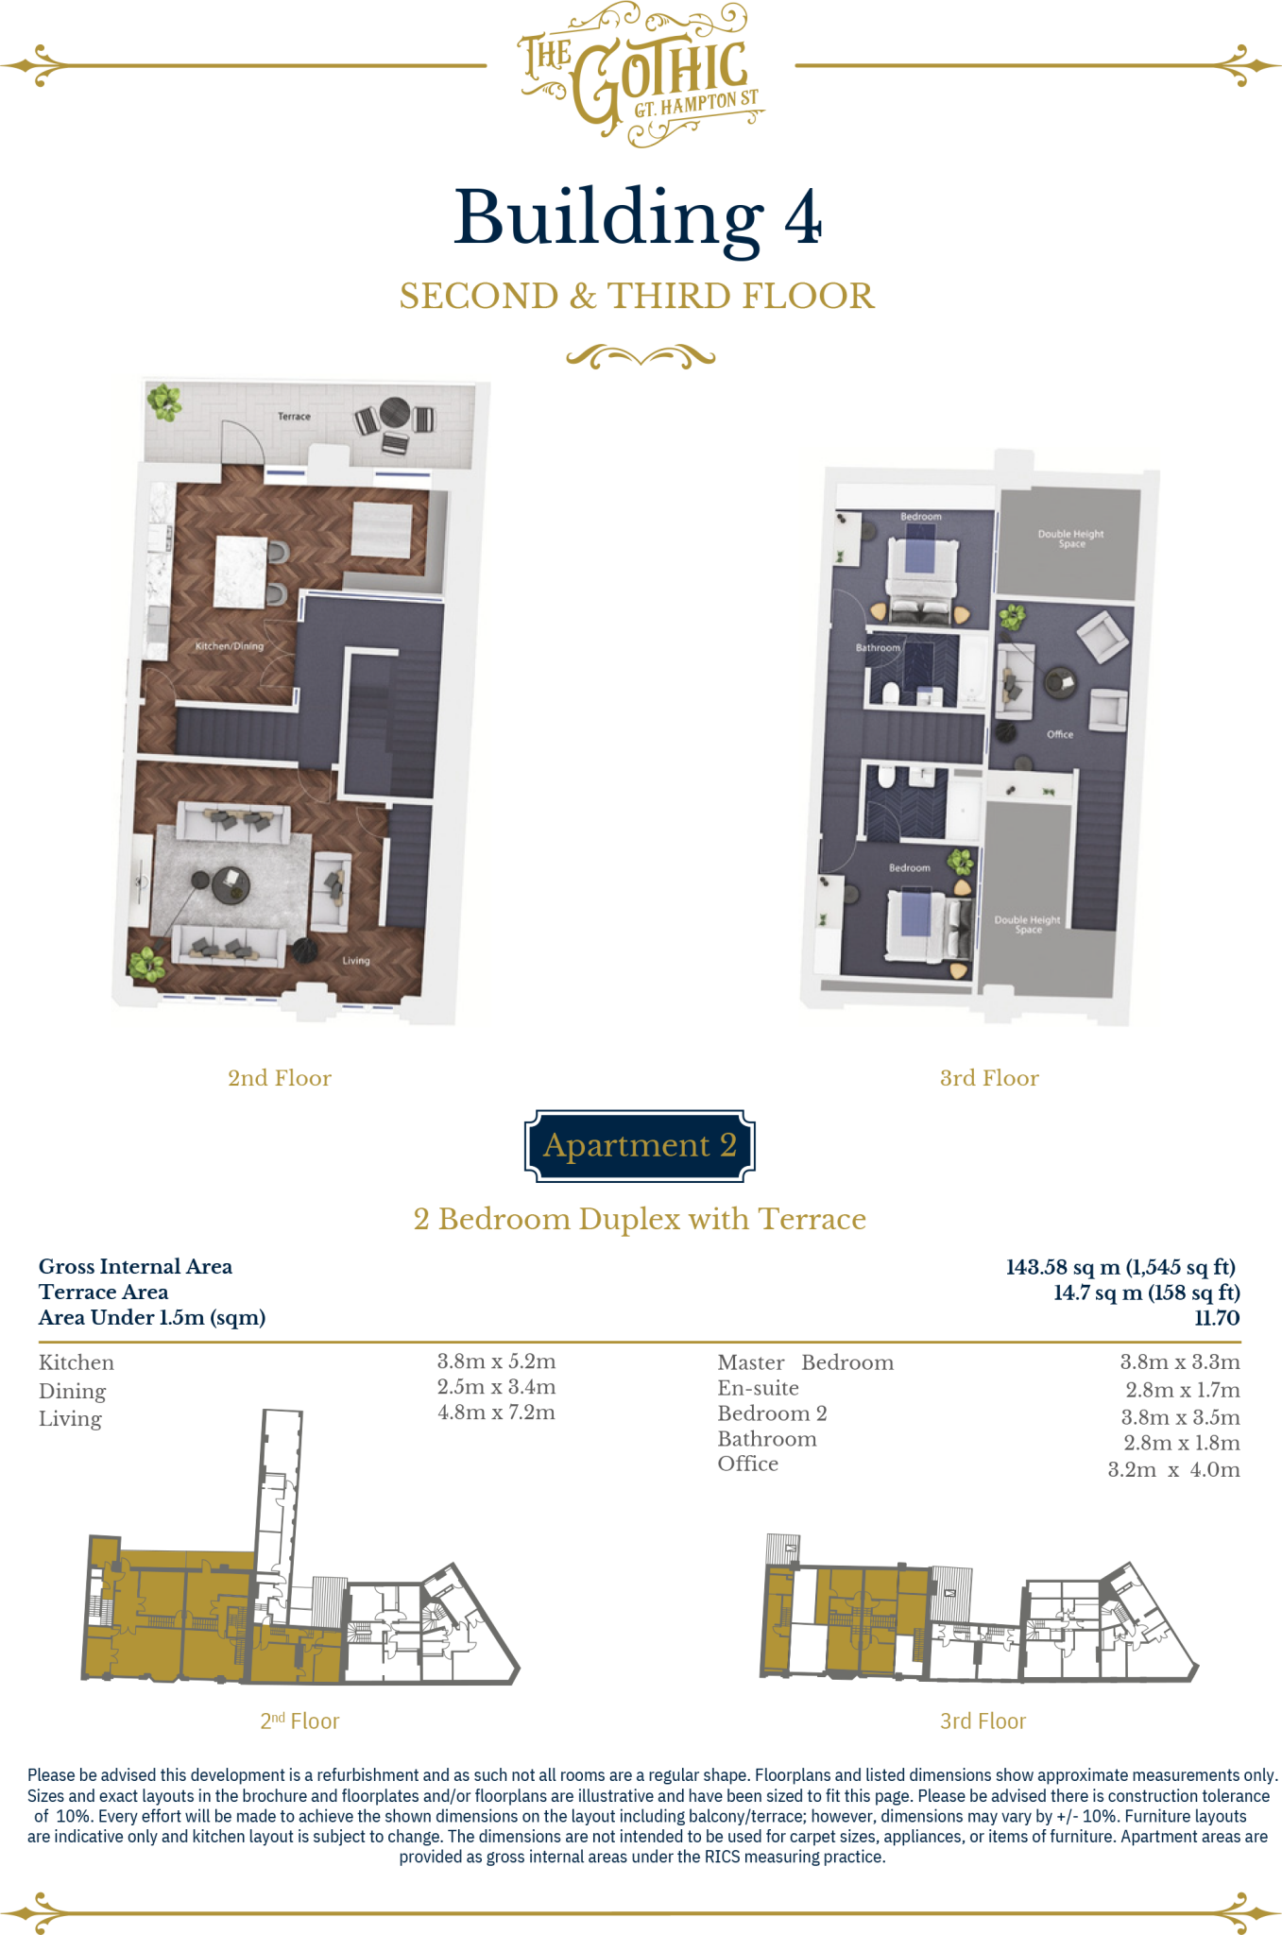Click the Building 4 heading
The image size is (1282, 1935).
click(x=638, y=217)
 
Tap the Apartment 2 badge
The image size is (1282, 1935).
click(x=640, y=1145)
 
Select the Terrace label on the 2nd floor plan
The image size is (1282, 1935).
click(x=294, y=417)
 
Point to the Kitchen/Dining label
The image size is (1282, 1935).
click(x=229, y=646)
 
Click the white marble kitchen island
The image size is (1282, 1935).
click(x=242, y=572)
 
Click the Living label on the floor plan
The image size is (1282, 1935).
click(x=356, y=960)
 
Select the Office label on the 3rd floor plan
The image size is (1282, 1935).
click(x=1060, y=734)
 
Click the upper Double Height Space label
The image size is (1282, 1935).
click(x=1070, y=539)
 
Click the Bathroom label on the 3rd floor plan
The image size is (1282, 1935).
click(x=878, y=648)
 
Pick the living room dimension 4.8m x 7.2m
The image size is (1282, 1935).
click(x=496, y=1413)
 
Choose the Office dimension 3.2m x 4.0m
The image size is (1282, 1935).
click(x=1173, y=1470)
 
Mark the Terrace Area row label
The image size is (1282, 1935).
click(x=103, y=1292)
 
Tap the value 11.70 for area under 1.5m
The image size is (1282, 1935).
click(x=1217, y=1318)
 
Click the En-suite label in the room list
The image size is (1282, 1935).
click(x=758, y=1388)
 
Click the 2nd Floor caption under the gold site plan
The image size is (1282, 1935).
click(x=299, y=1721)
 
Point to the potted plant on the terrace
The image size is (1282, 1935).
click(x=165, y=402)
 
